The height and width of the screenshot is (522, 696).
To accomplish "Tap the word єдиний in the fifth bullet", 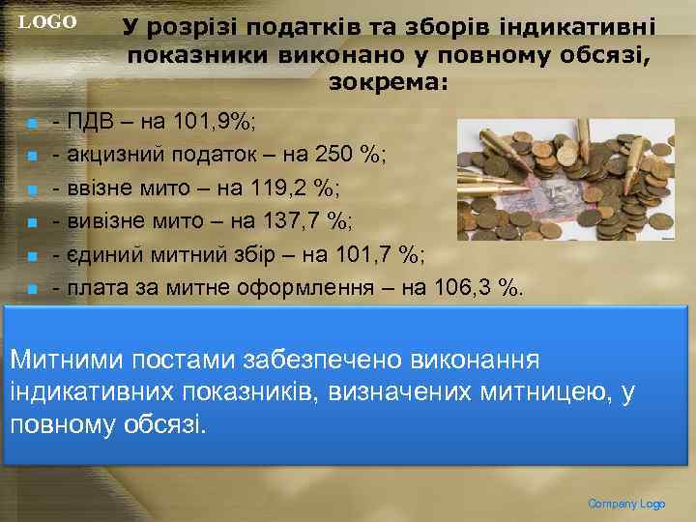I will tap(100, 254).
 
